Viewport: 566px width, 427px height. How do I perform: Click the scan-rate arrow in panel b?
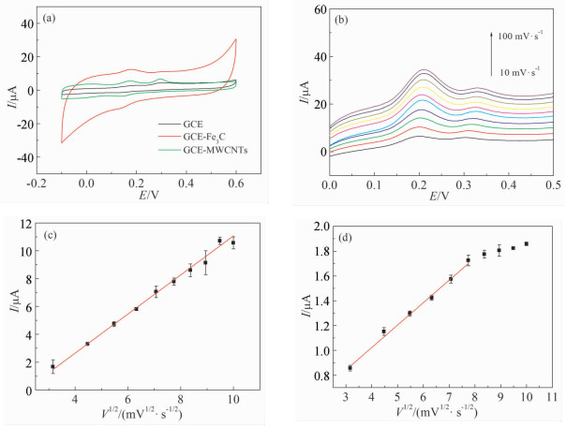[x=490, y=52]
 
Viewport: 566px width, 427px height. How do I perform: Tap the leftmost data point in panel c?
[x=52, y=367]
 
